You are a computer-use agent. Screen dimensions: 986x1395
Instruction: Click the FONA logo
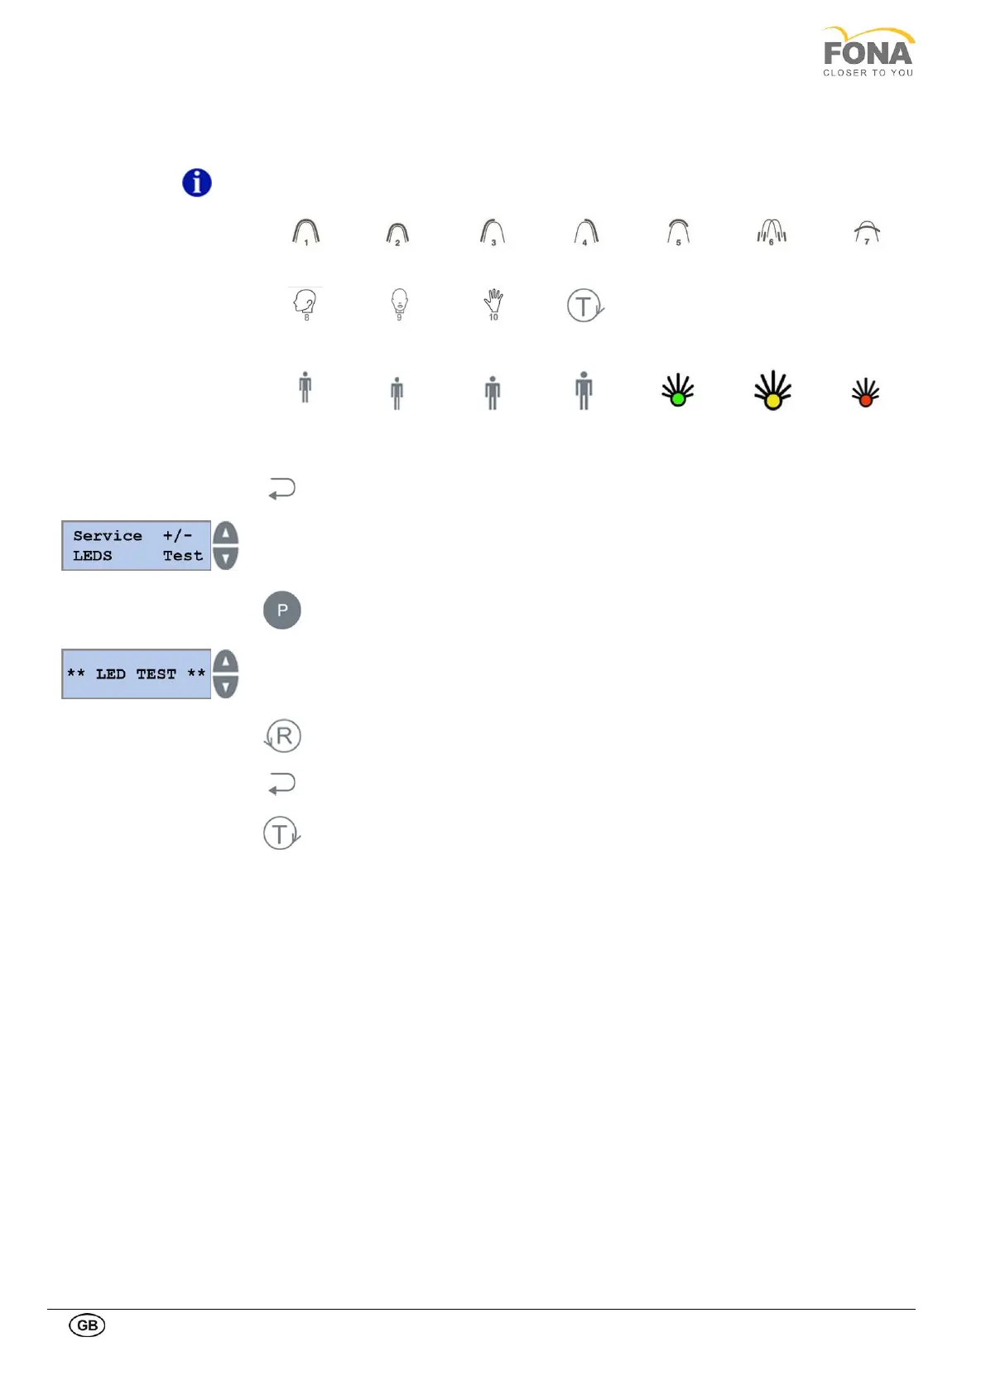click(868, 52)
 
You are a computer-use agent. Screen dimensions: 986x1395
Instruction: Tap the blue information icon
click(197, 182)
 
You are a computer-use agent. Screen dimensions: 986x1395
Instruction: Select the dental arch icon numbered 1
click(306, 232)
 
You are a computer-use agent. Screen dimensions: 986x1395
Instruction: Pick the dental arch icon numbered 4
click(586, 232)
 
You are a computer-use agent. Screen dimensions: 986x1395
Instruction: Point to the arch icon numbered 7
click(867, 233)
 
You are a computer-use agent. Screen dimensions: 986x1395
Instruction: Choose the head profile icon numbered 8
click(305, 304)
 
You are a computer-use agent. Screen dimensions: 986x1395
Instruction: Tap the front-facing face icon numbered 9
click(399, 304)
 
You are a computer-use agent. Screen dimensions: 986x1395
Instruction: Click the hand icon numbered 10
click(493, 304)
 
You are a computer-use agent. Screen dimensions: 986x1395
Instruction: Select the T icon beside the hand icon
click(584, 305)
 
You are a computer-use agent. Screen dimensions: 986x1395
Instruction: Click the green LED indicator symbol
click(678, 390)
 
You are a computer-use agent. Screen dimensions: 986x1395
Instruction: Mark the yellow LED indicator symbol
click(772, 391)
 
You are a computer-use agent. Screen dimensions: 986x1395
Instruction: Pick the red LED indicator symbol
click(866, 393)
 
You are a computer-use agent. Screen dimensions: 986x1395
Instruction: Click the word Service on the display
click(108, 536)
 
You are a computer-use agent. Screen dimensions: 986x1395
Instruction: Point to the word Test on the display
click(183, 556)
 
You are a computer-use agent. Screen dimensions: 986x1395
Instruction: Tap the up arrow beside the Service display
click(225, 533)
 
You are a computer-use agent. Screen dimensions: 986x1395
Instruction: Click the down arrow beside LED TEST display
click(225, 687)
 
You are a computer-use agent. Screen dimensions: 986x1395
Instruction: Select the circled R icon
click(282, 736)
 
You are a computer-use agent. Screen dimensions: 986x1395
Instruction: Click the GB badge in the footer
click(87, 1325)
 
